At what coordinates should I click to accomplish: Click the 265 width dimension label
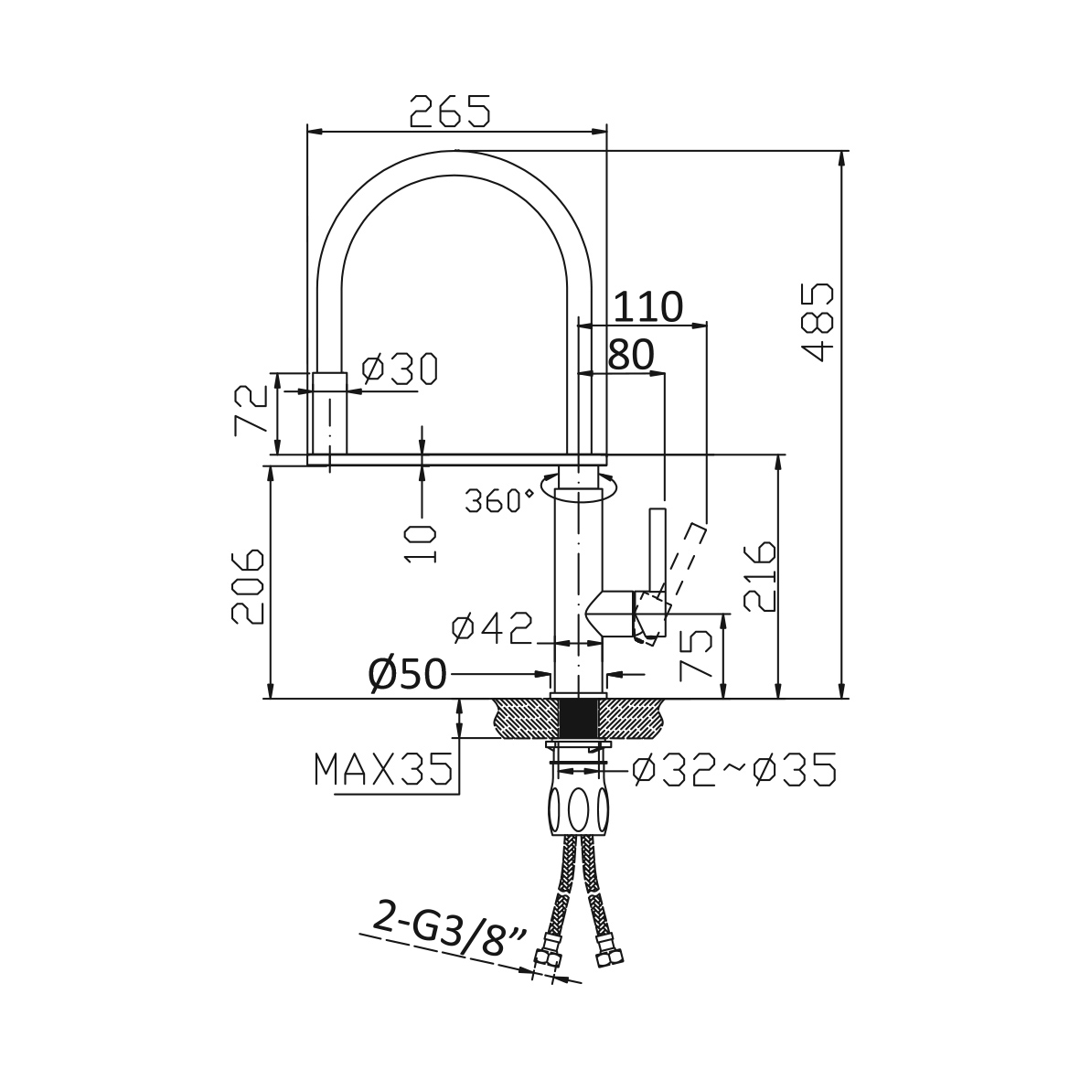[x=450, y=112]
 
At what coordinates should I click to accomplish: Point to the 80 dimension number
[x=631, y=356]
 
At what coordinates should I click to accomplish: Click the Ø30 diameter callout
[x=400, y=369]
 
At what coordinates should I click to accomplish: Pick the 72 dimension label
[x=251, y=410]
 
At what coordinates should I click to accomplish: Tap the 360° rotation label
[x=499, y=501]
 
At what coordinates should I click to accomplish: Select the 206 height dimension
[x=248, y=586]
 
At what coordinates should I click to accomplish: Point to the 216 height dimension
[x=761, y=576]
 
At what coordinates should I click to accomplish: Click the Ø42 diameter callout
[x=493, y=628]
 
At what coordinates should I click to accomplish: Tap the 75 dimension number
[x=696, y=655]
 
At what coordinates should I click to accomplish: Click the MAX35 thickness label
[x=384, y=769]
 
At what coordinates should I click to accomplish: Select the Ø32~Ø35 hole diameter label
[x=734, y=769]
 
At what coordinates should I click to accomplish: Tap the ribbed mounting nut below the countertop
[x=579, y=810]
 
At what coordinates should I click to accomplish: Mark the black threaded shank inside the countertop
[x=578, y=719]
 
